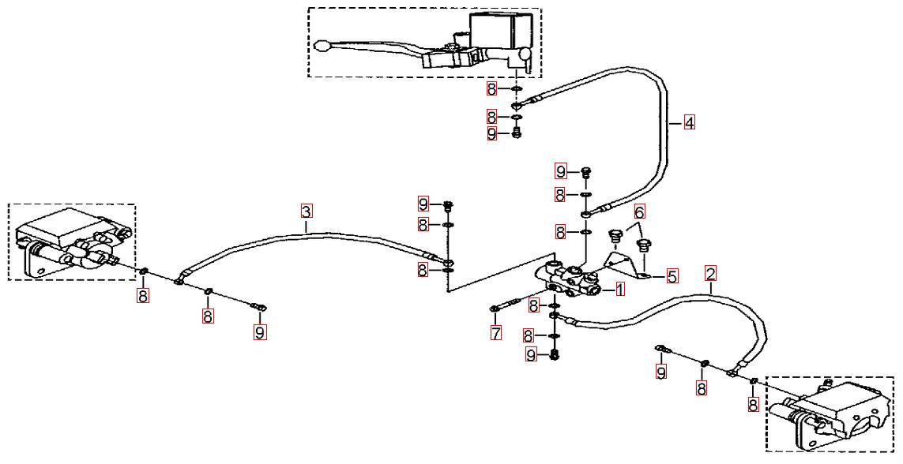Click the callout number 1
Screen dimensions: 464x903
pyautogui.click(x=620, y=290)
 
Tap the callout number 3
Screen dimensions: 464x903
pyautogui.click(x=307, y=211)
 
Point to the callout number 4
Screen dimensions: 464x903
pyautogui.click(x=689, y=123)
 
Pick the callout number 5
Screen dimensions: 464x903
pyautogui.click(x=672, y=276)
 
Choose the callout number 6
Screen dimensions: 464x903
pyautogui.click(x=639, y=211)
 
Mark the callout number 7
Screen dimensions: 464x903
pyautogui.click(x=495, y=333)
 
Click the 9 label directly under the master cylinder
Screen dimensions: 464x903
pyautogui.click(x=492, y=134)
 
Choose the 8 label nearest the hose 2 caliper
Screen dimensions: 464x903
pyautogui.click(x=753, y=405)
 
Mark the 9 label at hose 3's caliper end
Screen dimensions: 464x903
pyautogui.click(x=260, y=332)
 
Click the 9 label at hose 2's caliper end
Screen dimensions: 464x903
pyautogui.click(x=661, y=372)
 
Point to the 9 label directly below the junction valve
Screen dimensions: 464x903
pyautogui.click(x=532, y=355)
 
